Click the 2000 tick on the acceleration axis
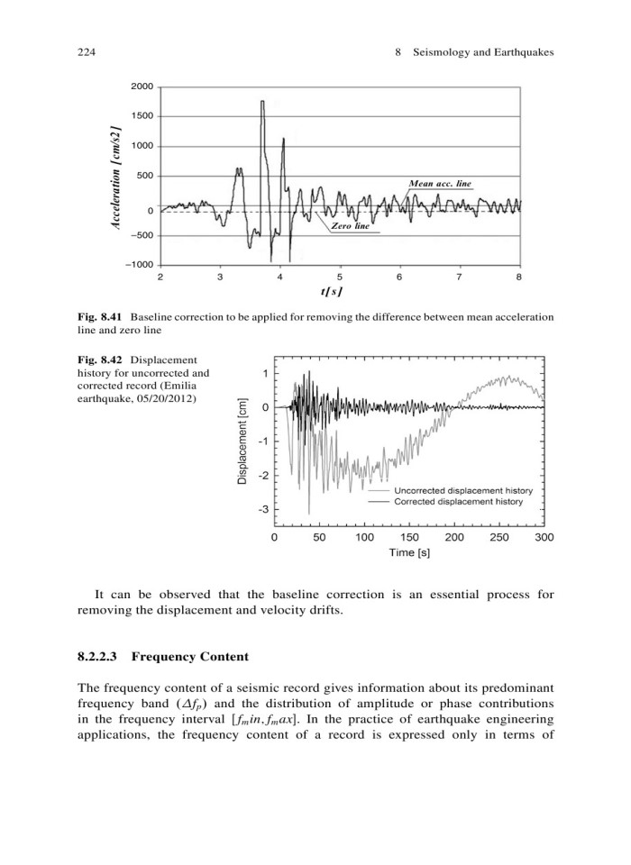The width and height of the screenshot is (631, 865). pos(142,86)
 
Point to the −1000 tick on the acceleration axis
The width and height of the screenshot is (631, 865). pos(140,264)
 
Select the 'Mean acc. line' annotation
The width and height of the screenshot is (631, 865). pos(440,183)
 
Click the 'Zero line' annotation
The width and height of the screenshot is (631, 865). pos(353,227)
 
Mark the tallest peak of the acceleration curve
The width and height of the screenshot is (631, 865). pos(262,102)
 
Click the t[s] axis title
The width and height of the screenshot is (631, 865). pos(340,293)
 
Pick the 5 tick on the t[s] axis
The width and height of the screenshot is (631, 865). pos(340,277)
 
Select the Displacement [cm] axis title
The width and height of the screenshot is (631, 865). pos(242,442)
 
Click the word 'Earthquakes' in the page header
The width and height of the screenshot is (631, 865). pos(520,53)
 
